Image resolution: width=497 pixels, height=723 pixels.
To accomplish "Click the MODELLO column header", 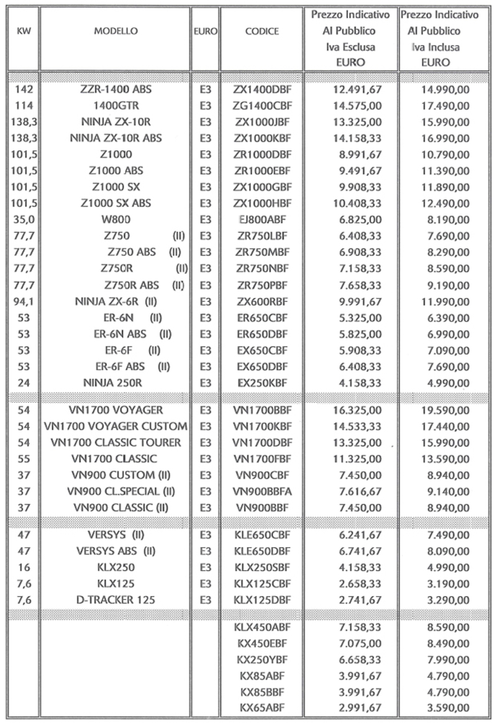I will click(x=116, y=30).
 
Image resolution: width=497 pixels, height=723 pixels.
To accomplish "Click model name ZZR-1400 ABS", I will click(x=116, y=90).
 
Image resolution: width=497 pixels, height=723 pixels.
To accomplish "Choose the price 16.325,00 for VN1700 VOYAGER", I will click(x=360, y=411).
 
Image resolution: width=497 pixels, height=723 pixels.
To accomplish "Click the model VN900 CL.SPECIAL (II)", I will click(x=116, y=491).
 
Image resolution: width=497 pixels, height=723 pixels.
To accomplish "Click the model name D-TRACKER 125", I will click(x=116, y=599).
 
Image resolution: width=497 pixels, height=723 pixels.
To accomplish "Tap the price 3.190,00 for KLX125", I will click(x=445, y=583).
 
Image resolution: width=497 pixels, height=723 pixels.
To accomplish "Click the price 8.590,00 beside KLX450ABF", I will click(x=445, y=627).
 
